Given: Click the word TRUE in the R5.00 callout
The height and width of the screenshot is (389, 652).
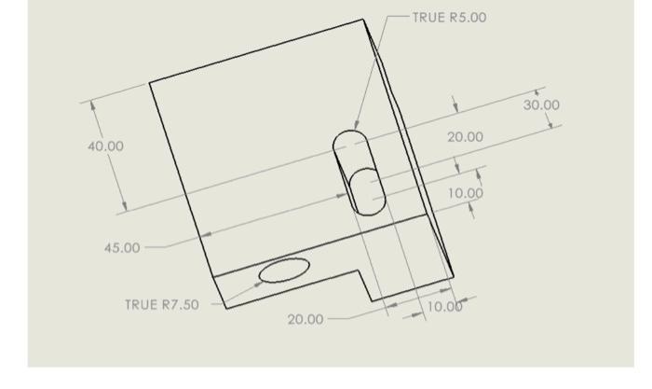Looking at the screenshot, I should [x=428, y=17].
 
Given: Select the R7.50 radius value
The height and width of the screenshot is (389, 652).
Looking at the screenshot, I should [x=181, y=304].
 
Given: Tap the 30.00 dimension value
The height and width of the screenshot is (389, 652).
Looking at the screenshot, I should [x=541, y=104].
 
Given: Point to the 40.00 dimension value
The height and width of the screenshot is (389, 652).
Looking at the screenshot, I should [x=105, y=146].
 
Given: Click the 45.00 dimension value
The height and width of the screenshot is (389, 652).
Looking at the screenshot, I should [x=122, y=248].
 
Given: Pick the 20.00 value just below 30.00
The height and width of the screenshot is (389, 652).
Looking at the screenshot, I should [x=465, y=137].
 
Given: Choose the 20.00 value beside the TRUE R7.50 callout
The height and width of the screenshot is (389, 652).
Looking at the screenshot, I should [x=305, y=319].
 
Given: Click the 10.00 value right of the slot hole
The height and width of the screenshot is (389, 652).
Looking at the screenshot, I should [x=466, y=193].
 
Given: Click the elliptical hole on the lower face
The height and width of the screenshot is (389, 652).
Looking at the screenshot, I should [x=284, y=271].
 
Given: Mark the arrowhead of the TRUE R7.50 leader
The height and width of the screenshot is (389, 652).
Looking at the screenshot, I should [x=258, y=281].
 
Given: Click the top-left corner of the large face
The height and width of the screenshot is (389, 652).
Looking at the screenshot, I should [x=150, y=82].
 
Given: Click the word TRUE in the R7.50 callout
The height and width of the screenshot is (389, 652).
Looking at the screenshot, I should [x=142, y=304].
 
